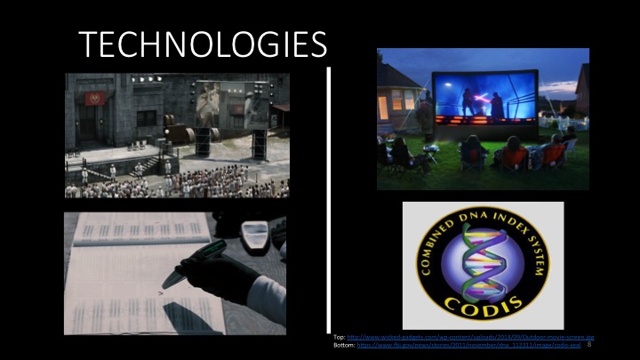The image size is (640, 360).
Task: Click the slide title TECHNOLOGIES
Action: coord(202,43)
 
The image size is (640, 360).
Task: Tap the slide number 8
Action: coord(590,345)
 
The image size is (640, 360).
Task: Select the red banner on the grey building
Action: coord(95,97)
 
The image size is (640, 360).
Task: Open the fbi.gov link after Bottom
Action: coord(471,345)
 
